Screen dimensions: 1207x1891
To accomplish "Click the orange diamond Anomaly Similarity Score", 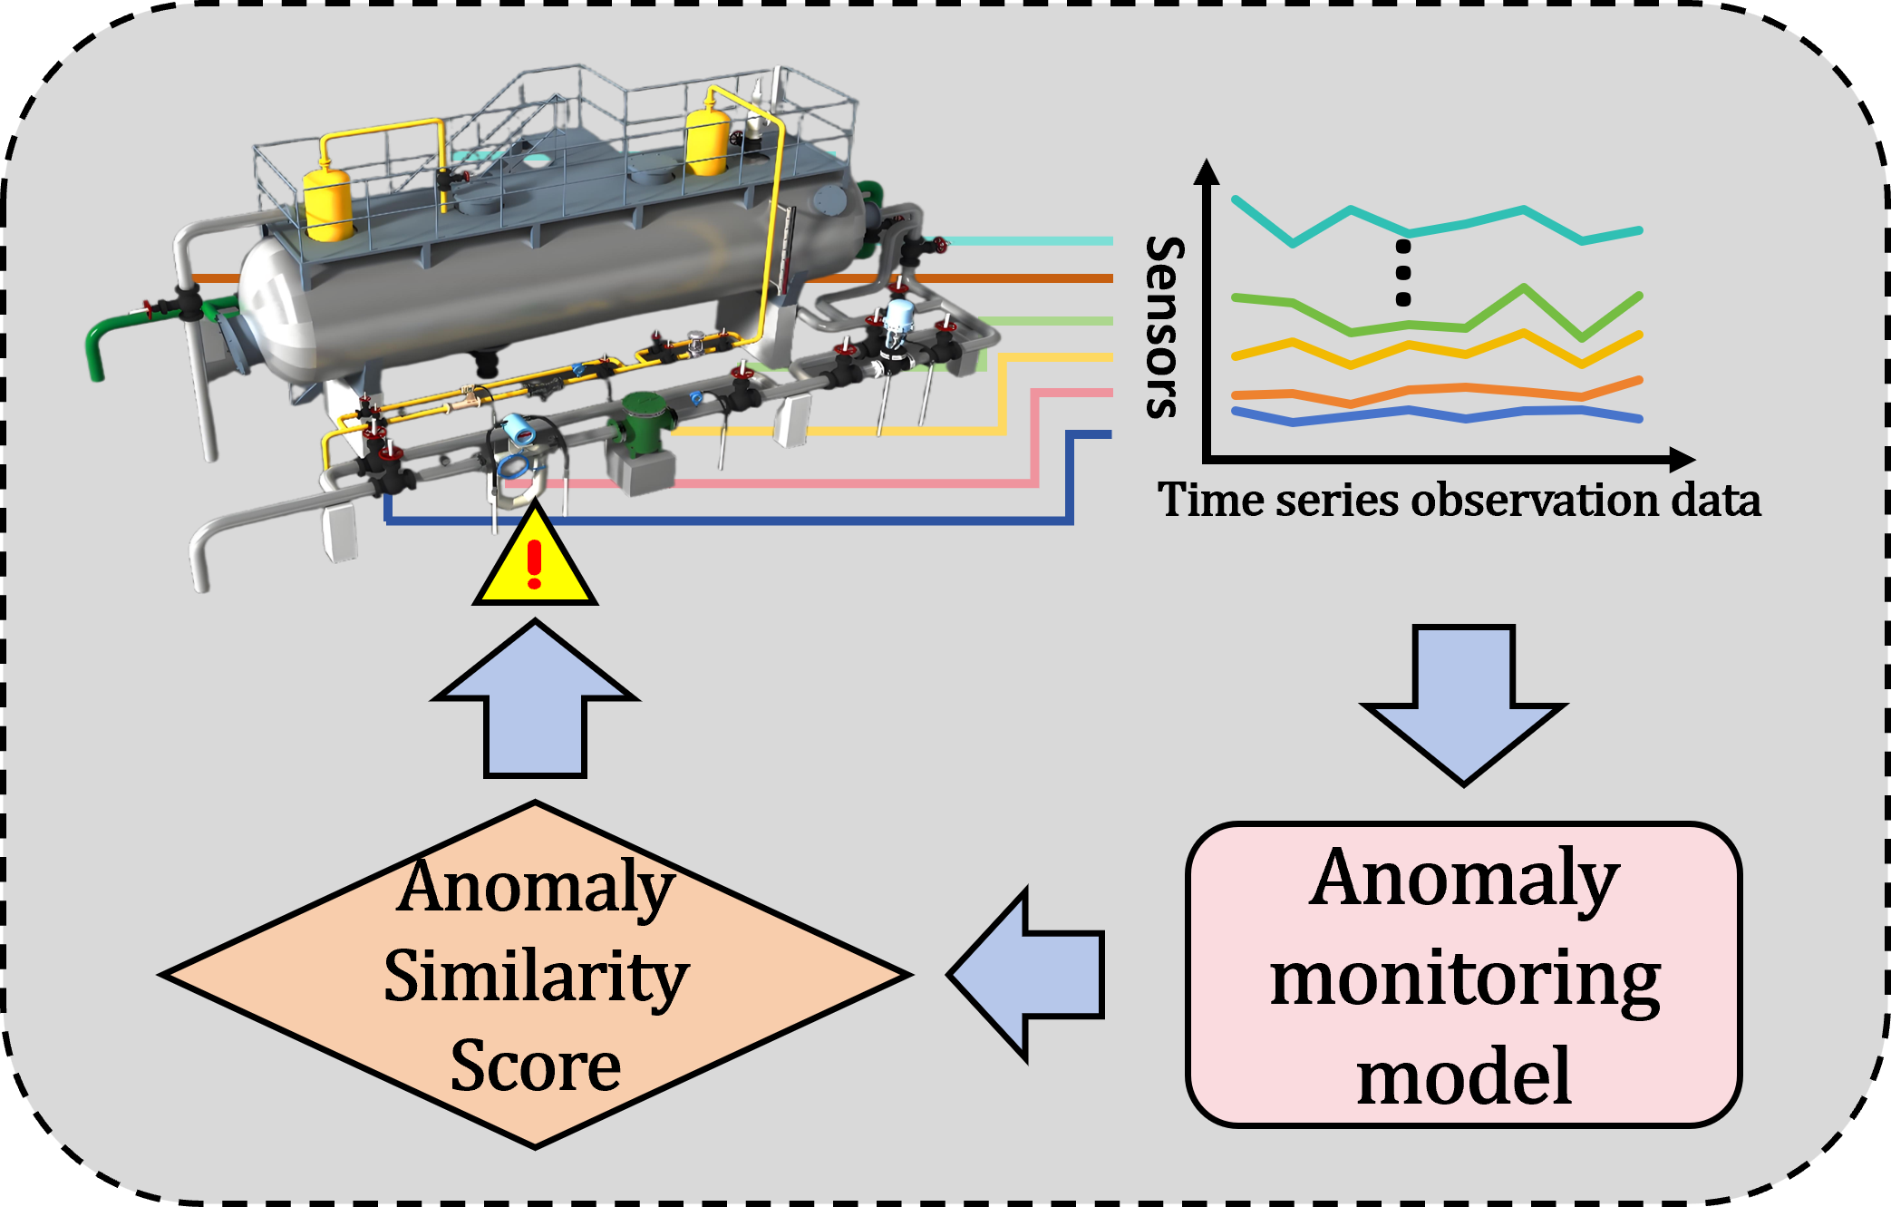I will pos(536,975).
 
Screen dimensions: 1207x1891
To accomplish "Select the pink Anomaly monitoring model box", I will pos(1463,975).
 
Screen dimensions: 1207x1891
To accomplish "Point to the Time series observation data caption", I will pos(1459,500).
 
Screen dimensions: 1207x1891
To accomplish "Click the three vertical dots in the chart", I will pos(1403,273).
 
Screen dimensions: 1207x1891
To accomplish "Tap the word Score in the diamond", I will pos(536,1066).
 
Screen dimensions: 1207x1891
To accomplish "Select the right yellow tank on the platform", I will pos(707,141).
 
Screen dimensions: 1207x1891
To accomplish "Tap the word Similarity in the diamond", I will pos(536,977).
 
